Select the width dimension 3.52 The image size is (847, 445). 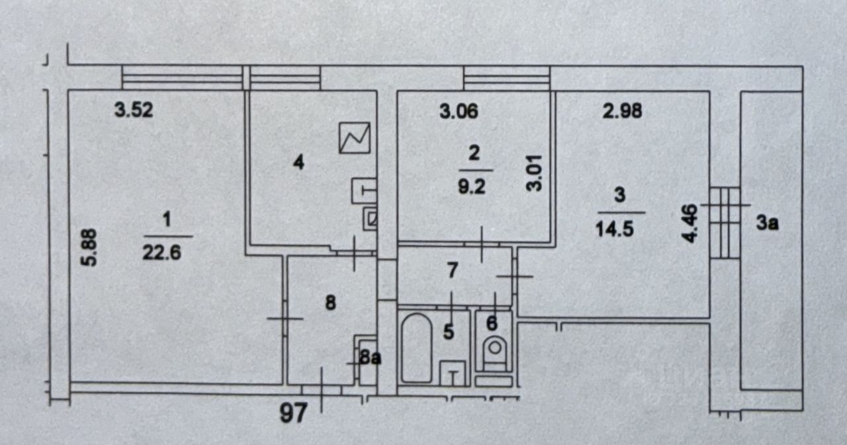134,110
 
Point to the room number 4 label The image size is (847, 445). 298,162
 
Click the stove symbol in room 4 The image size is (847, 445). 355,138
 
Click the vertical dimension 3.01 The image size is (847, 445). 535,173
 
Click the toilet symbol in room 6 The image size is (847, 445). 494,350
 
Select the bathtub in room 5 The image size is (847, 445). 416,348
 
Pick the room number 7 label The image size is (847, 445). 453,270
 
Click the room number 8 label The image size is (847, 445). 332,303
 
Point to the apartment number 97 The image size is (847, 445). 293,414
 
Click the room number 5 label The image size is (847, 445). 449,332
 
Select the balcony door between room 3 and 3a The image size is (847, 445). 723,222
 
